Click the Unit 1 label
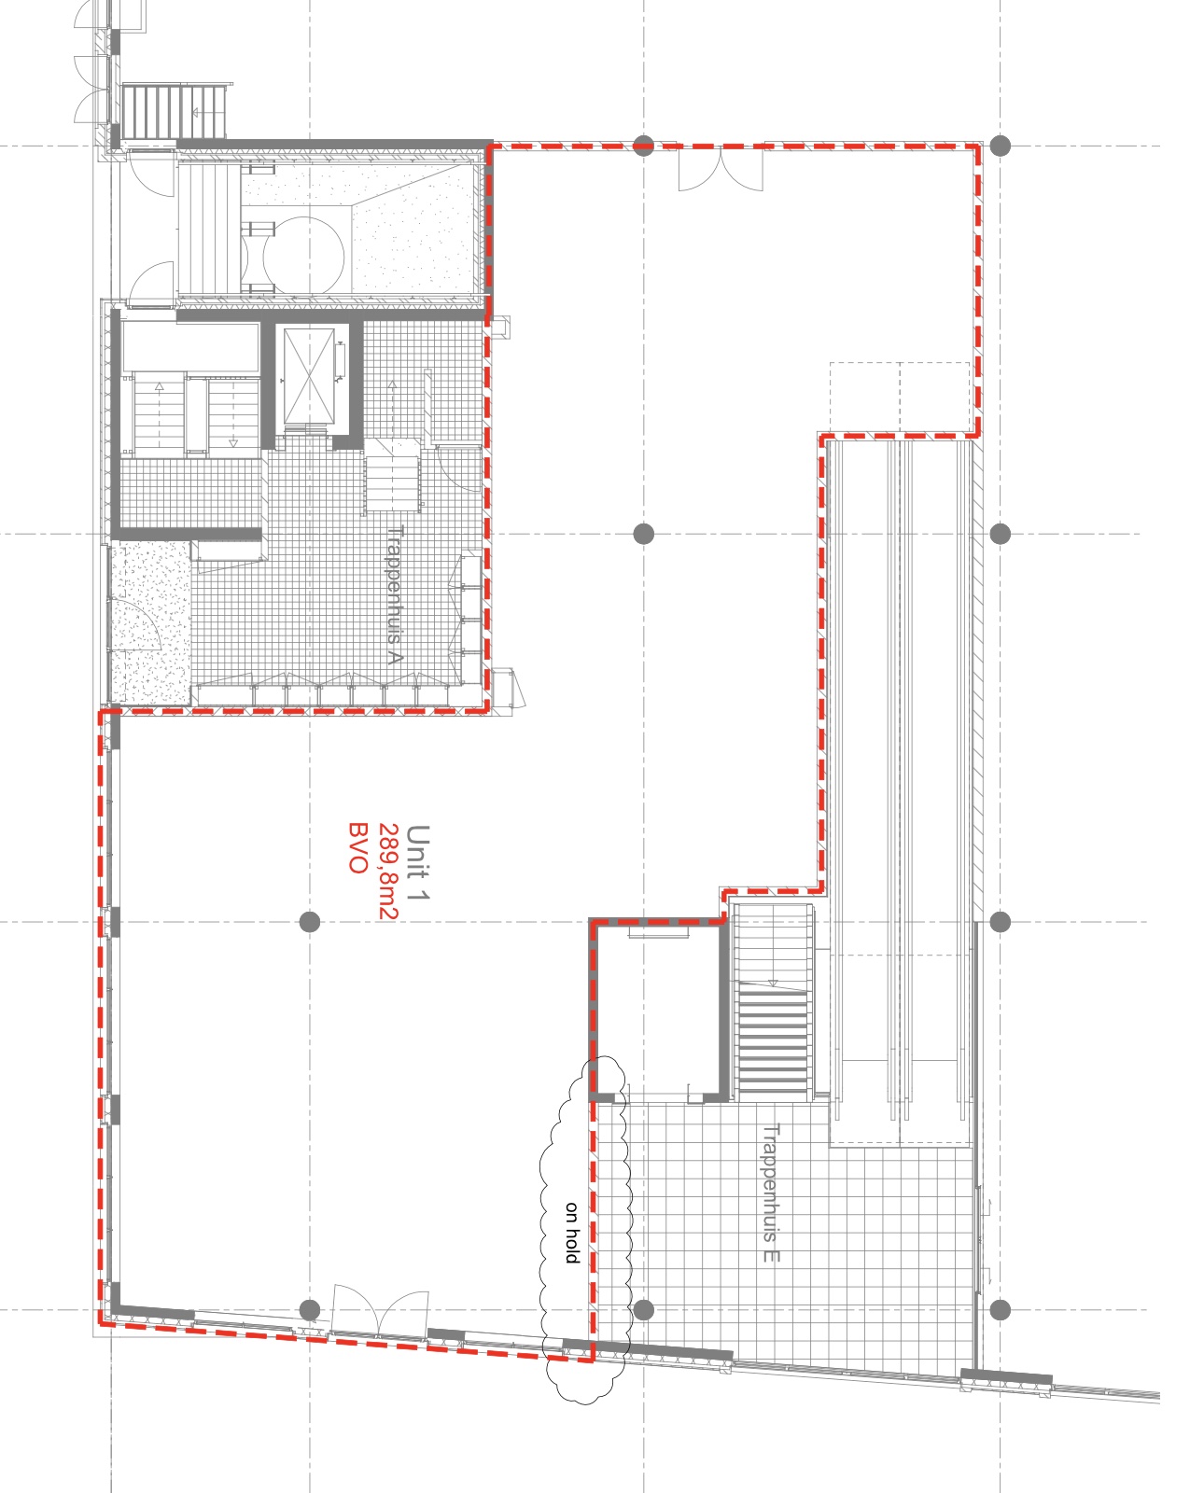pos(418,862)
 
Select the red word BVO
pos(358,848)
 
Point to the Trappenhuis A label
pos(394,594)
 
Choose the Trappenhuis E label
pos(771,1193)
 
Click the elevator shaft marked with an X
pos(309,377)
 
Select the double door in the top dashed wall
pos(721,169)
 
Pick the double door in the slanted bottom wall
pos(380,1310)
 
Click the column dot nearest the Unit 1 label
pos(310,922)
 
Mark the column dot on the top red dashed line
pos(644,146)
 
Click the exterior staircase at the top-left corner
pos(175,111)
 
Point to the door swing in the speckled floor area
pos(136,623)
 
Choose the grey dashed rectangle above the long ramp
pos(900,398)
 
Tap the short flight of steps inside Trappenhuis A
pos(393,475)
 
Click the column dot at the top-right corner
pos(1000,146)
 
